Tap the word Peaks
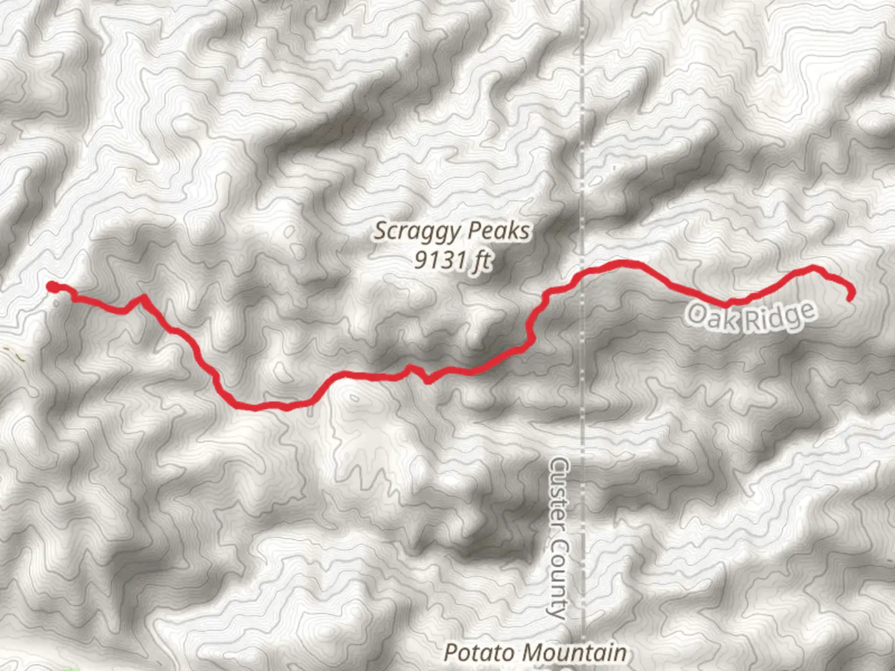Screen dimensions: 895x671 (x=499, y=231)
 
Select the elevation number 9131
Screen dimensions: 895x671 (x=439, y=260)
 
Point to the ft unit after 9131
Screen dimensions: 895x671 (x=480, y=260)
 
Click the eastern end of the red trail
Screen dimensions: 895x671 (x=849, y=299)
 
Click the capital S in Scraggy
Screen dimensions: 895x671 (x=380, y=231)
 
